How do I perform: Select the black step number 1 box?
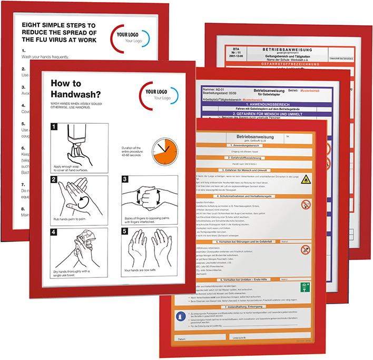pos(54,126)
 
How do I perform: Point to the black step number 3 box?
pos(126,180)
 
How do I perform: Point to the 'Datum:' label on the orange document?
pos(182,337)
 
